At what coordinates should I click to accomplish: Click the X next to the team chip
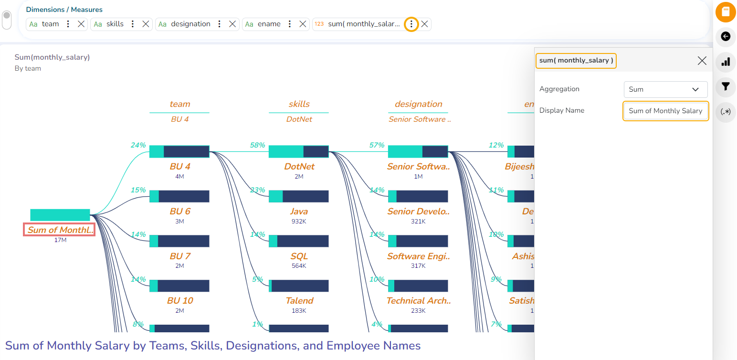pos(81,24)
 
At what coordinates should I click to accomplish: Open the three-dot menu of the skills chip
pos(133,24)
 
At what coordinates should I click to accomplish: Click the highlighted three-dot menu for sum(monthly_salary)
pos(411,24)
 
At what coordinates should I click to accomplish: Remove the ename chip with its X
pos(303,24)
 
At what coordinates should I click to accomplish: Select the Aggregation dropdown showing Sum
pos(665,89)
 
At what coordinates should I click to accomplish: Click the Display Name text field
pos(665,111)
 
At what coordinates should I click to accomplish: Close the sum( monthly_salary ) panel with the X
pos(702,61)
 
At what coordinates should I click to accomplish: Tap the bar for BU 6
pos(179,196)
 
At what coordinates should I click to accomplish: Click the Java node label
pos(299,212)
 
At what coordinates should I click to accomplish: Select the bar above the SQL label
pos(299,241)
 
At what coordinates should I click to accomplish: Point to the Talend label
pos(299,301)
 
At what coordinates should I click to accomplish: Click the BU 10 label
pos(180,301)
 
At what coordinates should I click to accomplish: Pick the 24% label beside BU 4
pos(138,145)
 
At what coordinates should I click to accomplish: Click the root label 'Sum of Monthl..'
pos(60,230)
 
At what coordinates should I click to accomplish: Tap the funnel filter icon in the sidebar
pos(726,86)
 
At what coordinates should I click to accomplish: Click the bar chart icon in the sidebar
pos(726,62)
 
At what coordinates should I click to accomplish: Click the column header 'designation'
pos(418,104)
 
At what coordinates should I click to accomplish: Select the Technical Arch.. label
pos(418,301)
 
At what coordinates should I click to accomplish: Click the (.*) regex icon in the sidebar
pos(726,112)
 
